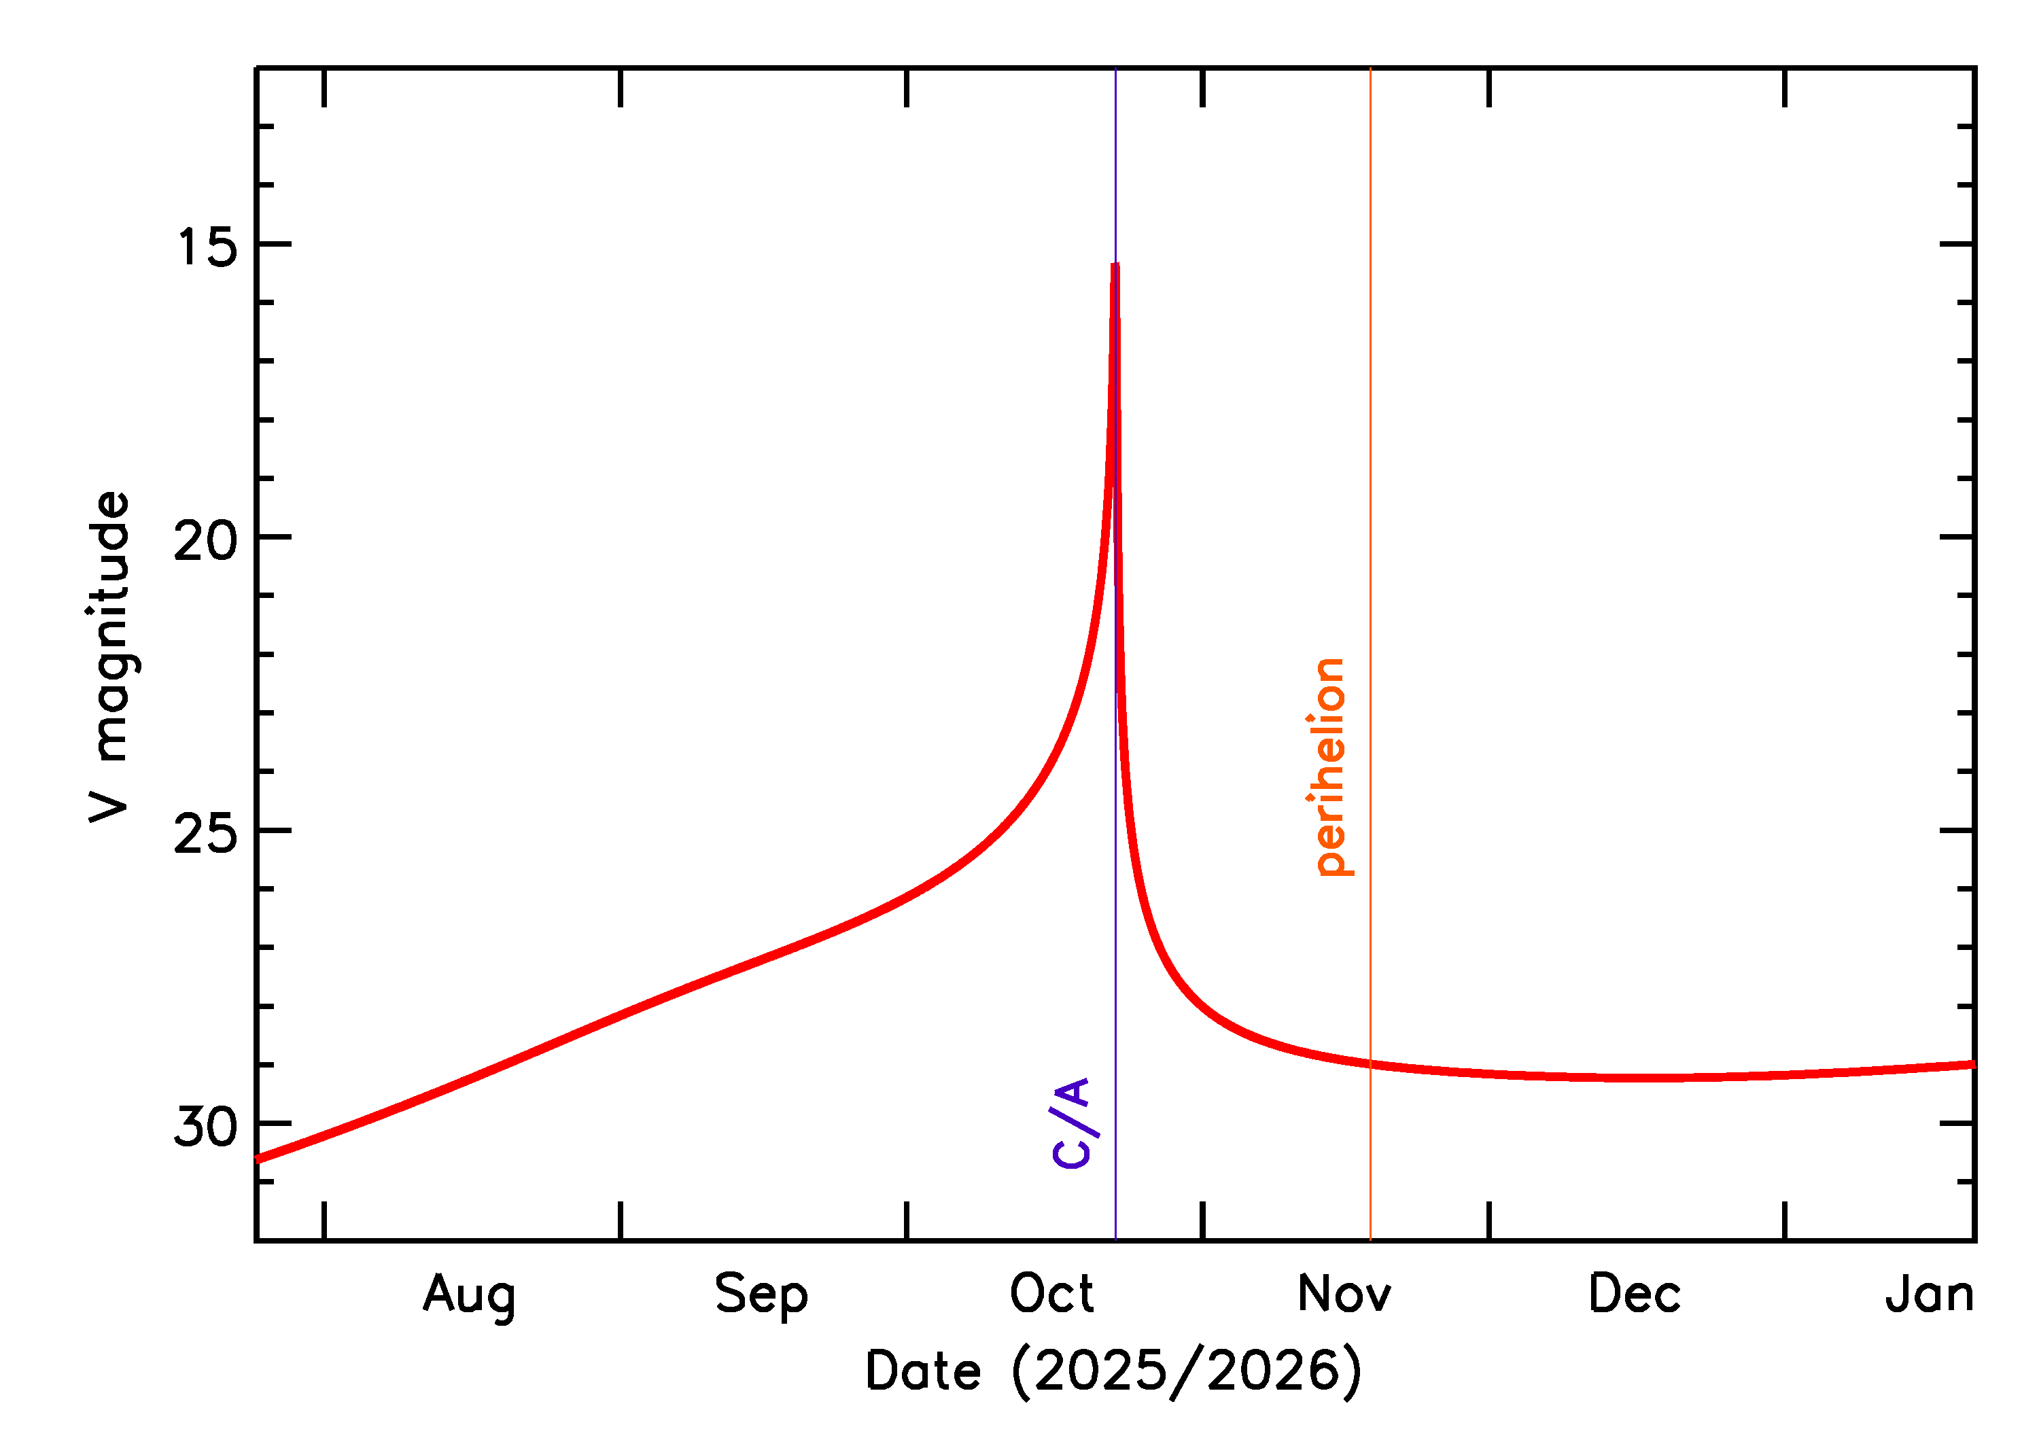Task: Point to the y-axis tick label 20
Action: (205, 540)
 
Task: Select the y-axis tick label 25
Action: (205, 833)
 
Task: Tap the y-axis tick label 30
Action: (205, 1127)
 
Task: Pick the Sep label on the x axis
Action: (761, 1294)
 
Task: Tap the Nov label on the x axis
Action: (1344, 1293)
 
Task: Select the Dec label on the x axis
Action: (1635, 1293)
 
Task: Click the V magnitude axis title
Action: (111, 657)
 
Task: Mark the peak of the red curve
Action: (1115, 265)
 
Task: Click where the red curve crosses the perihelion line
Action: (1370, 1064)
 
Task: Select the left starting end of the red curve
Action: (258, 1159)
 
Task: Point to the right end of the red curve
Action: (1973, 1064)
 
